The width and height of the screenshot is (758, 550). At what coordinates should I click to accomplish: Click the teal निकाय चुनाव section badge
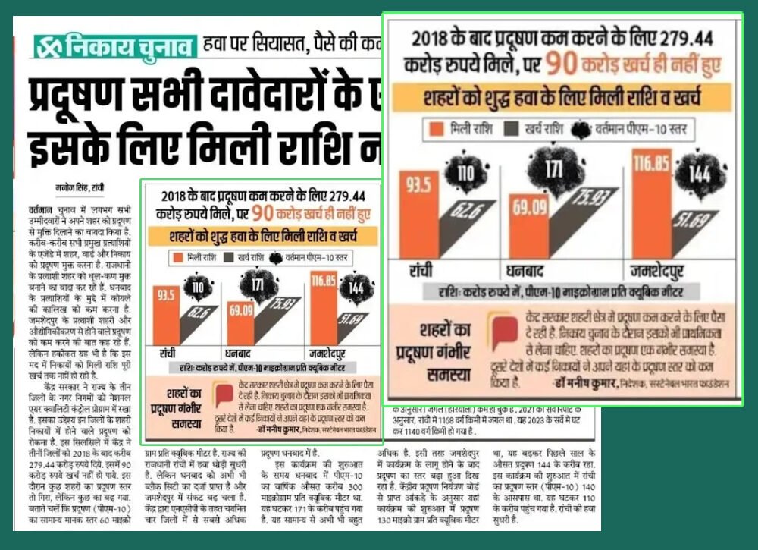[x=114, y=47]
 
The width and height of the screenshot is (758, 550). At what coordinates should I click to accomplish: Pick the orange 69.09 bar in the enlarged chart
[x=528, y=227]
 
